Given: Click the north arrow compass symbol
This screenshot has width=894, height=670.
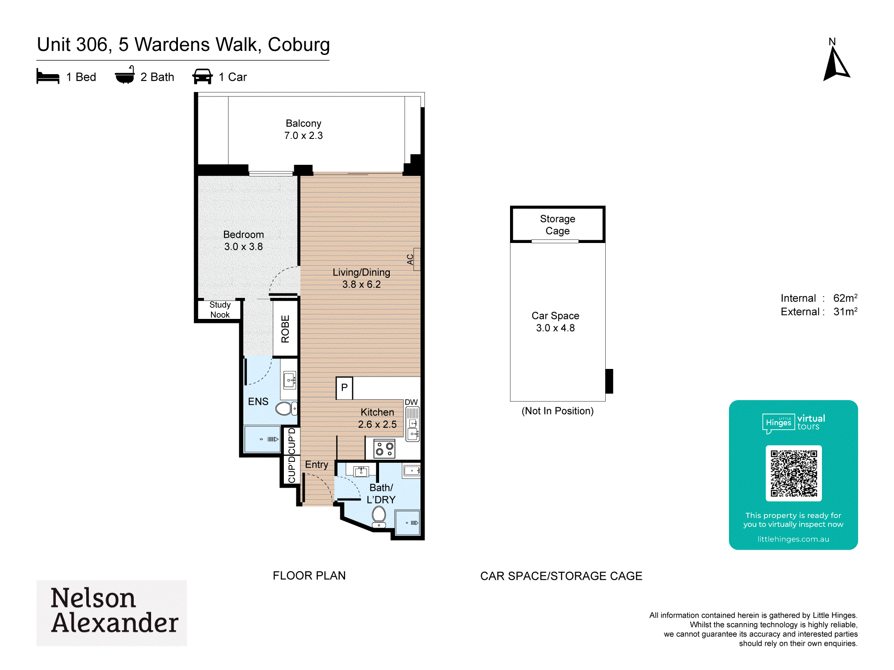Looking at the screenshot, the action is click(835, 65).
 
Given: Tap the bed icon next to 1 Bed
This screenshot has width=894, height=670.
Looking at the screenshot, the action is click(48, 76).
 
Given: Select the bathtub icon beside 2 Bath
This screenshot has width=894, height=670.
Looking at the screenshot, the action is click(125, 75).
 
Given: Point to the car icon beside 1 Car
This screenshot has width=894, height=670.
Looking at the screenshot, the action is click(202, 76).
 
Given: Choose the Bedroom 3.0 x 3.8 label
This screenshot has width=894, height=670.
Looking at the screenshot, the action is click(244, 240).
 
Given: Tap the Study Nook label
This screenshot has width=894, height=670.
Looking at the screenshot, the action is click(220, 310).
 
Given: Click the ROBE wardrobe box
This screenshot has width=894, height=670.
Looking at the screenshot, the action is click(285, 329).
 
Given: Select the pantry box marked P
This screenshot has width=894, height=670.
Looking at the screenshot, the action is click(344, 388).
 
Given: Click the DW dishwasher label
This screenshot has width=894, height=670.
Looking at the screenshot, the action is click(411, 402).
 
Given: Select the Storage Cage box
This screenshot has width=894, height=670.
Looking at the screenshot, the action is click(558, 225).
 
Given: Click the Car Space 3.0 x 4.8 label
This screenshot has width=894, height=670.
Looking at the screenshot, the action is click(556, 322).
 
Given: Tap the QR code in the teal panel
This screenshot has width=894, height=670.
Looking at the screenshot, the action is click(793, 473).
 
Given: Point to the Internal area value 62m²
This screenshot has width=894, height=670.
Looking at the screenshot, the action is click(845, 298).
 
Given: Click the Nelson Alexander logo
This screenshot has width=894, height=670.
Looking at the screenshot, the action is click(112, 612).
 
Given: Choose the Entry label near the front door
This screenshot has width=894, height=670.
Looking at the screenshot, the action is click(316, 465).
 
